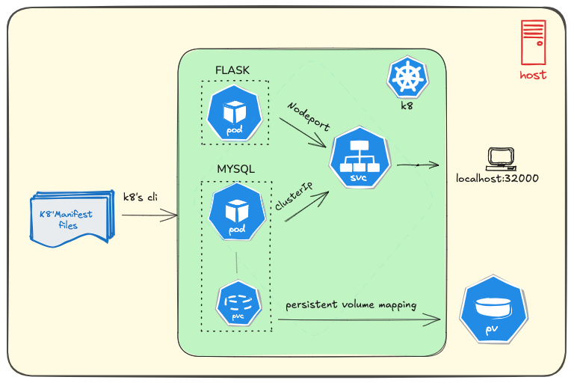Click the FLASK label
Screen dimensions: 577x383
(x=232, y=70)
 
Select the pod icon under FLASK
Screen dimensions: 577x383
(x=235, y=113)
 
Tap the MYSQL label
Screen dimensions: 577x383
(x=236, y=169)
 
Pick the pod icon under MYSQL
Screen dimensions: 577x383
(x=237, y=212)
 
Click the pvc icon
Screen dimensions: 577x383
(x=238, y=303)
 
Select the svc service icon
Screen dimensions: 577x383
(x=360, y=157)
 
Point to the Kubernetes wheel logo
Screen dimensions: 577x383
(x=407, y=77)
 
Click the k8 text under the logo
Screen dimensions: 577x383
(x=407, y=106)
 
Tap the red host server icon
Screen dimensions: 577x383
(x=533, y=43)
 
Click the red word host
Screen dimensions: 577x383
(x=533, y=75)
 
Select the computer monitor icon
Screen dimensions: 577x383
(x=501, y=159)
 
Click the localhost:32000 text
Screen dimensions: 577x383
(x=497, y=178)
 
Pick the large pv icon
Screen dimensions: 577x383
(x=493, y=310)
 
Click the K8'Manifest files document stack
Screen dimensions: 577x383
(x=72, y=218)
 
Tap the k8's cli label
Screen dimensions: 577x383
(x=141, y=197)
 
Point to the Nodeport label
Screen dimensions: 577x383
(x=309, y=117)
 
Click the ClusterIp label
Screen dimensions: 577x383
(x=294, y=195)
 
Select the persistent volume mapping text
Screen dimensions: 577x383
(x=351, y=305)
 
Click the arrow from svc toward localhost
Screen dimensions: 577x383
(x=418, y=165)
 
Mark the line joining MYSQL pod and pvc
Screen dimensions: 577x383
(x=237, y=263)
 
